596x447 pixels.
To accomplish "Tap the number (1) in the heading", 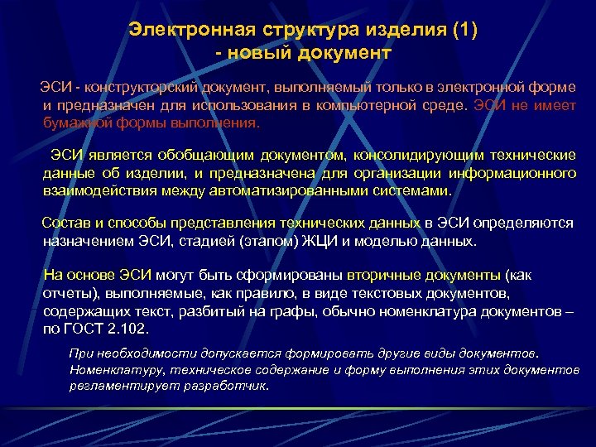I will coord(462,30).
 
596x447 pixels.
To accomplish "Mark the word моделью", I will coord(395,242).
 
